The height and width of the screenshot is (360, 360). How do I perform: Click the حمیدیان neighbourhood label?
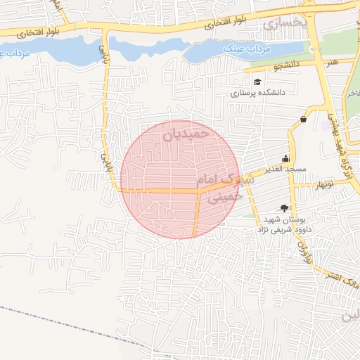point(186,132)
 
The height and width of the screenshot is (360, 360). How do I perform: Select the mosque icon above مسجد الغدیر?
point(285,158)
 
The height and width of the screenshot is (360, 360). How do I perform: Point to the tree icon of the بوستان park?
point(284,207)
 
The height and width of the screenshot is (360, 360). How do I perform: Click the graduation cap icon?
point(257,82)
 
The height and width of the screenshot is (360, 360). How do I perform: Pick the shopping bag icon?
point(303,120)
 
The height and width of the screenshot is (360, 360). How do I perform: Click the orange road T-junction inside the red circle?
point(198,191)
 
